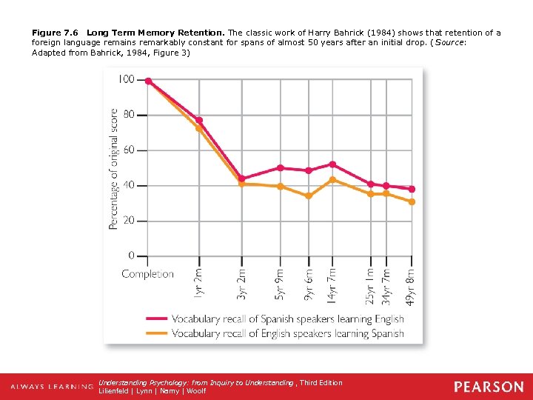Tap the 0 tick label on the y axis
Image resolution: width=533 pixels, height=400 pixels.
pos(132,256)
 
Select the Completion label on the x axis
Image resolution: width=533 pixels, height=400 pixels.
pos(147,274)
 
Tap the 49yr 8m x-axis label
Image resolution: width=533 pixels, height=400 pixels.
pos(411,284)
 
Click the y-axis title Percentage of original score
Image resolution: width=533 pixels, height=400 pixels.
pos(113,169)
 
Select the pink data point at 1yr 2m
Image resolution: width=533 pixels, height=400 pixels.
pos(198,120)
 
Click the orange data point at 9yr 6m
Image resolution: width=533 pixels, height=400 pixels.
pos(309,196)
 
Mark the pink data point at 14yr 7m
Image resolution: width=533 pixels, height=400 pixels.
pos(332,164)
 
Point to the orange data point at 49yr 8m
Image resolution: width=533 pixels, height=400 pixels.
pos(412,201)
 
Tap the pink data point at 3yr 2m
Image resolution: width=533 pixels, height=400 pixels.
pos(242,179)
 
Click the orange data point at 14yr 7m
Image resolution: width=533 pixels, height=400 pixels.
pos(332,179)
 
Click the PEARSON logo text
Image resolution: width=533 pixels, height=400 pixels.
pos(489,387)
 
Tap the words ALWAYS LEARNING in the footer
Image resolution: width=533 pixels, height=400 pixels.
pos(52,387)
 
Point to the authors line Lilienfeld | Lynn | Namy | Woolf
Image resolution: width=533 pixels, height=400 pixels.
pos(152,391)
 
